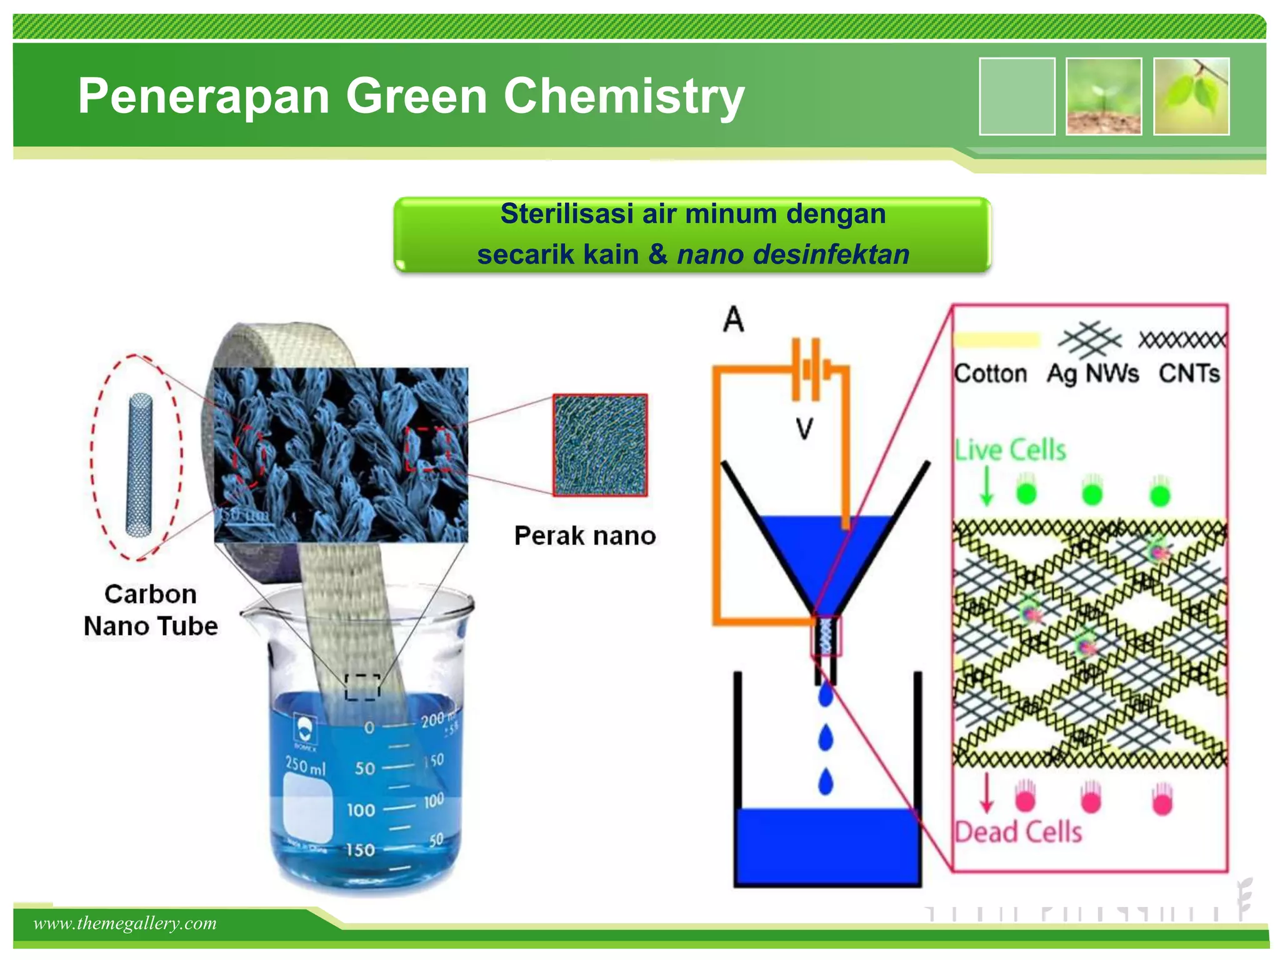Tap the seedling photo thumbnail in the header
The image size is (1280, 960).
pos(1104,96)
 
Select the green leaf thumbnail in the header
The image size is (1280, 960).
pos(1191,96)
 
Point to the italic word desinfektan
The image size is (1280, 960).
pos(831,254)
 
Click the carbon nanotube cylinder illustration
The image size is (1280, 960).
pos(139,464)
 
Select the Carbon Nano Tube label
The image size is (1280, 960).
pos(151,610)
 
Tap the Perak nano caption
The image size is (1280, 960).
pos(585,536)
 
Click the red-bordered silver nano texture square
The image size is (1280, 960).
pos(600,445)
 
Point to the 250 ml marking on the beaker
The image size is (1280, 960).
pos(306,766)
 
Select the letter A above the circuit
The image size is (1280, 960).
pos(734,319)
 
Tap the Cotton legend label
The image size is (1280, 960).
pos(991,373)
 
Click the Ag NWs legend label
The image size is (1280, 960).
pos(1092,373)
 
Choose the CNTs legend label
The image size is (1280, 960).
pos(1189,373)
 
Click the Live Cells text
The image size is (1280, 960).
pos(1010,450)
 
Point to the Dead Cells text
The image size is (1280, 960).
pos(1018,832)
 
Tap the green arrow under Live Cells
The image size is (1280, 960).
pos(986,485)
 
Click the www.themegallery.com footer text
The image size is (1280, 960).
pos(125,923)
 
